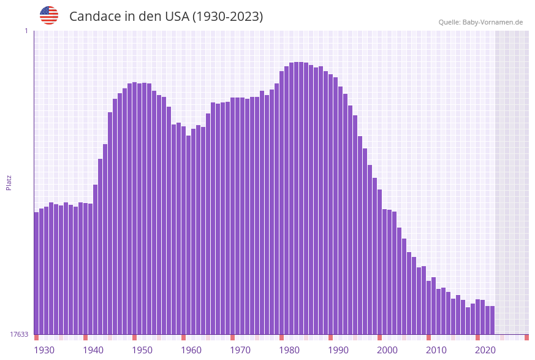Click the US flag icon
(x=49, y=15)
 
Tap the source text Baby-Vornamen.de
(x=492, y=22)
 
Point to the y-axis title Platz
(x=9, y=182)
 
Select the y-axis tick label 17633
(x=19, y=334)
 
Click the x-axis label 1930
(x=44, y=350)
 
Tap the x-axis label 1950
(x=142, y=350)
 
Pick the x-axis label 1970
(x=240, y=350)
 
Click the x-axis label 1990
(x=338, y=350)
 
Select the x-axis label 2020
(x=485, y=350)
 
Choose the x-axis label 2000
(x=387, y=350)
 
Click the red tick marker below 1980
(x=281, y=337)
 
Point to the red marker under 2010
(x=428, y=337)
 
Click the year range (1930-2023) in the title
(x=228, y=17)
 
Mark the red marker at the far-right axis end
(x=526, y=337)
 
